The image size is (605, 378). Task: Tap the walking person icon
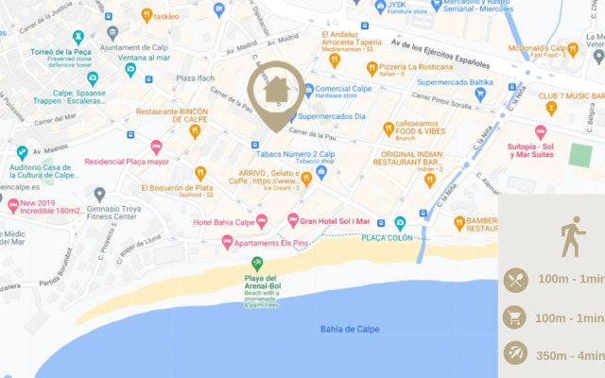[571, 236]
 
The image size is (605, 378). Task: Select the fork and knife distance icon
[515, 280]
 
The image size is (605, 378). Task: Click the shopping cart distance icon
[515, 317]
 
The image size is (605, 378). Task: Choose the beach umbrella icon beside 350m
[515, 353]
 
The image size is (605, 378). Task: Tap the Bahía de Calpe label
[349, 329]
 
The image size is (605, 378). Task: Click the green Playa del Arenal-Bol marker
[256, 264]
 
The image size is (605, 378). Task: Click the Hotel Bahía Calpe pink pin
[262, 221]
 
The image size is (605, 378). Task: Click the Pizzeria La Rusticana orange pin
[372, 68]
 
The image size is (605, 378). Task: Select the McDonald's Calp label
[537, 48]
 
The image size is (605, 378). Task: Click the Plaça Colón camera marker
[400, 224]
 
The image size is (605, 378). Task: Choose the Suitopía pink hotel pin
[541, 133]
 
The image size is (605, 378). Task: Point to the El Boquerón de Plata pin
[200, 174]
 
